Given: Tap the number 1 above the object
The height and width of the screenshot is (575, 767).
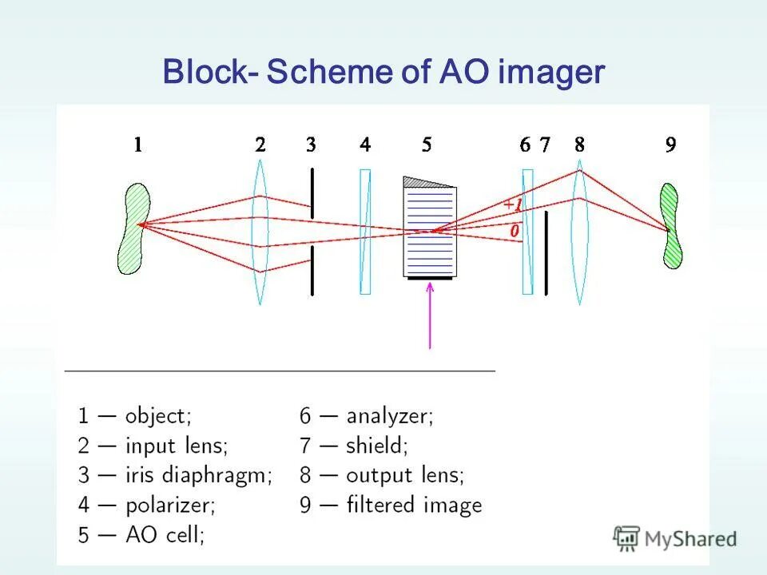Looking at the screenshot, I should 138,145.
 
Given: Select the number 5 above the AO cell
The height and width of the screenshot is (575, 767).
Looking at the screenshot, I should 427,145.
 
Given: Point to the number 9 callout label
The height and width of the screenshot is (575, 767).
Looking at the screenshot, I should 670,145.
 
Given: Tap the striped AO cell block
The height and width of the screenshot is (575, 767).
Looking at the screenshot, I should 430,232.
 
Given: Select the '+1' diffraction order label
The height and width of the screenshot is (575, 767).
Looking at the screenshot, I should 512,205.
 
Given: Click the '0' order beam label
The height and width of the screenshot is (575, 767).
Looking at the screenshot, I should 515,231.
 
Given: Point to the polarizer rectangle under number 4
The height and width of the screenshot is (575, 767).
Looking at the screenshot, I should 365,232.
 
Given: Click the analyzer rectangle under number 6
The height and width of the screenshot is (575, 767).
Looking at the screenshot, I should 527,232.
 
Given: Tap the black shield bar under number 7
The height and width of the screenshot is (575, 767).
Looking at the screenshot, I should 546,252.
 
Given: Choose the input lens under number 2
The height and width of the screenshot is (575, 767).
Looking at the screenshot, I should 260,232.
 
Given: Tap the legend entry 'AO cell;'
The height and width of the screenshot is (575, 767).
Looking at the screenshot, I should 165,534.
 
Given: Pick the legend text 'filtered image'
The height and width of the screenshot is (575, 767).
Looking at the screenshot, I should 414,505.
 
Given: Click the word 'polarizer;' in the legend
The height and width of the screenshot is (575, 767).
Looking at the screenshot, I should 171,506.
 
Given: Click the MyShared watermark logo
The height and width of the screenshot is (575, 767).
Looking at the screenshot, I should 675,539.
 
